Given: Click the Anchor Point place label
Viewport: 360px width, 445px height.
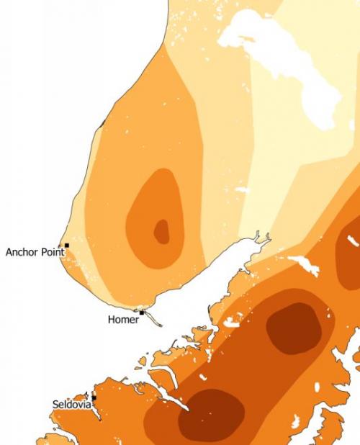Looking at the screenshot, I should (x=35, y=252).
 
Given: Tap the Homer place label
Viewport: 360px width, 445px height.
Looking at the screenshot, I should (x=122, y=319).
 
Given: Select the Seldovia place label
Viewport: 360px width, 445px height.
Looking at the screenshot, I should (x=72, y=405).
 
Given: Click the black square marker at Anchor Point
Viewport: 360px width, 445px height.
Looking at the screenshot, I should (x=67, y=246).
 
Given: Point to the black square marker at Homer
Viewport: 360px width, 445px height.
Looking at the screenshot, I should (x=142, y=313).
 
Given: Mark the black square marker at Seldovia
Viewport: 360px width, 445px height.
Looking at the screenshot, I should (x=94, y=397).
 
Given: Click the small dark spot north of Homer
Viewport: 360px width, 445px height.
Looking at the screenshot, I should (x=161, y=231).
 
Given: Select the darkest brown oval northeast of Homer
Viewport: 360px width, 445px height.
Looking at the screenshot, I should (x=293, y=328).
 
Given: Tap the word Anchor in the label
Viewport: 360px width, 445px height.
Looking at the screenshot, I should (x=21, y=252).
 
